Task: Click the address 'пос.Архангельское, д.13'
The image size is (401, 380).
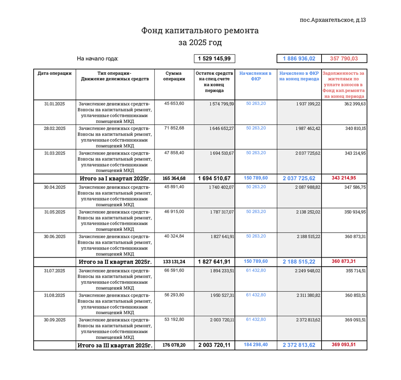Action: (x=333, y=20)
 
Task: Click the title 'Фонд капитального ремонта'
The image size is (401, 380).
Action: (x=200, y=30)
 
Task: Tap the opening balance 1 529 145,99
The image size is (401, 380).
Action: (x=214, y=58)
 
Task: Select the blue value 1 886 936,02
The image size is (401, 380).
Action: (x=299, y=58)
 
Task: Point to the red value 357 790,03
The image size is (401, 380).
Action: (x=343, y=58)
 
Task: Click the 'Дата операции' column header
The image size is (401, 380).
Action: (x=54, y=73)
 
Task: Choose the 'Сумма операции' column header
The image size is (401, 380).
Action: (x=174, y=76)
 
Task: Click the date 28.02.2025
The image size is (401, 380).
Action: (x=54, y=128)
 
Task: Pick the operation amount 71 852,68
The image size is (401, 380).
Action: (x=174, y=128)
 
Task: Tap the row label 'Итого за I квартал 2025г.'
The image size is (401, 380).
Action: (x=115, y=178)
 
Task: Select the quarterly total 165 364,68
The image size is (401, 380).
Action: (x=174, y=178)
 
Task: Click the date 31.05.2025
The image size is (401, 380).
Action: (x=54, y=212)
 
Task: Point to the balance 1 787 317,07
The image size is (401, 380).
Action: (x=222, y=212)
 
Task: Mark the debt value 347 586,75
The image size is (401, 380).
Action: (x=350, y=187)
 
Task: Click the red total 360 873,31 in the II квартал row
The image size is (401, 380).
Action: (x=343, y=261)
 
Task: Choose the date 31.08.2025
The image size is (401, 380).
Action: (x=54, y=295)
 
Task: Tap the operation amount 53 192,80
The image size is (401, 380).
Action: (x=174, y=319)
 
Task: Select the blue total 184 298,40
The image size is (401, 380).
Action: (x=256, y=345)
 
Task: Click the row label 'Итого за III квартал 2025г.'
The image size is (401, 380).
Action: (x=115, y=345)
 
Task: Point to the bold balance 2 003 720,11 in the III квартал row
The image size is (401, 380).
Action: (x=214, y=345)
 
